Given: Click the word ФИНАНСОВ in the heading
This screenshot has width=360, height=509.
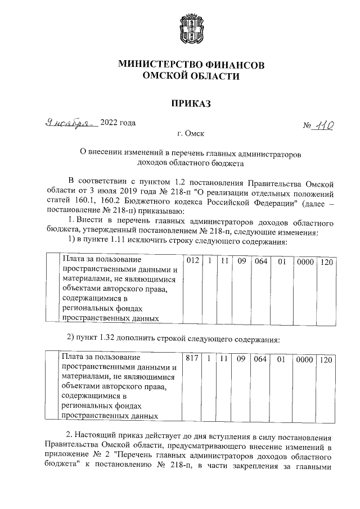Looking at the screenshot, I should [231, 65].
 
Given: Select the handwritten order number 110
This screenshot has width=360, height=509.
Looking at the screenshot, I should [323, 126].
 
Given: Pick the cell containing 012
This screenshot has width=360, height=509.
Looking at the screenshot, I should [192, 262].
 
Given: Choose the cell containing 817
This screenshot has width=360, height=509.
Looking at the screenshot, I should [192, 358].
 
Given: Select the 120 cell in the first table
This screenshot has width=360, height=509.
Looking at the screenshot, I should [325, 262].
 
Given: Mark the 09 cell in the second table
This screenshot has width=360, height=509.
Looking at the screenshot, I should [241, 358].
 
